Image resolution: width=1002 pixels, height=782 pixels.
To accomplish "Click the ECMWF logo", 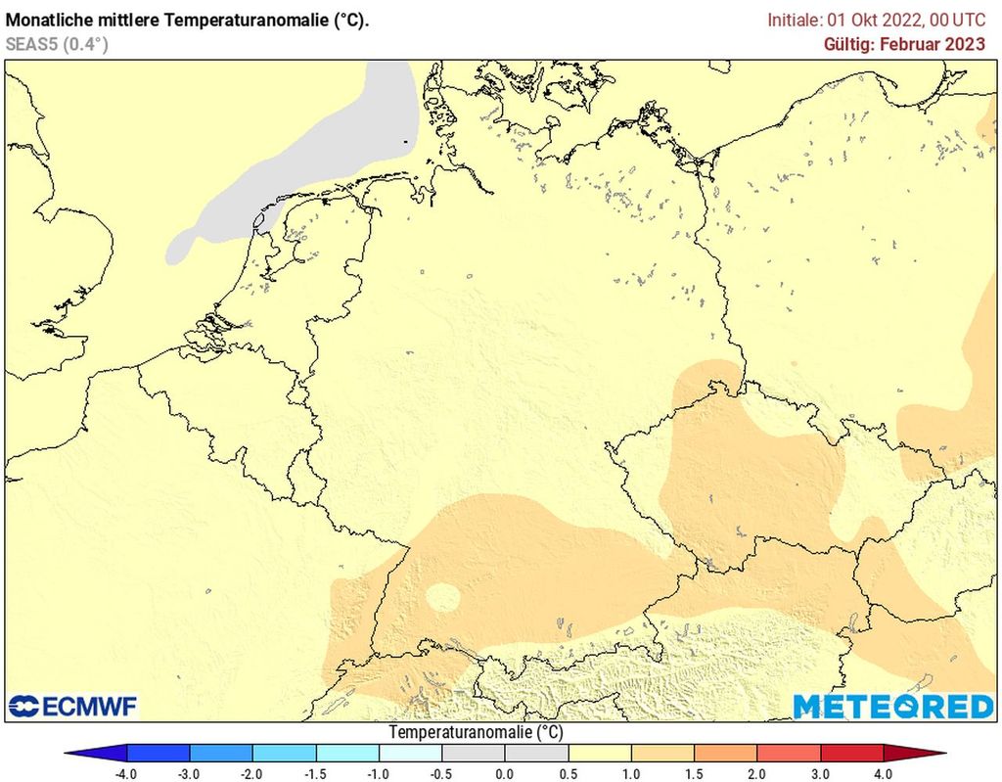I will click(x=73, y=706).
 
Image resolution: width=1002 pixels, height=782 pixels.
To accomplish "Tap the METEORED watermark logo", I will click(x=892, y=706).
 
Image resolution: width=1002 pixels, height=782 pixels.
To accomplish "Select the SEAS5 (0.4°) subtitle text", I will click(x=57, y=44).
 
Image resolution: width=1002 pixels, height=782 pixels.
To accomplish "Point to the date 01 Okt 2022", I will click(x=864, y=20).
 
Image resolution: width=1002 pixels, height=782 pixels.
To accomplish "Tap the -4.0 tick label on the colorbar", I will click(x=126, y=774).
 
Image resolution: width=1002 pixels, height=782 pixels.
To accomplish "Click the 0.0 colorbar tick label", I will click(x=505, y=774).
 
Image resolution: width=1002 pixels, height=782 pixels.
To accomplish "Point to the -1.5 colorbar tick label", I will click(x=315, y=774).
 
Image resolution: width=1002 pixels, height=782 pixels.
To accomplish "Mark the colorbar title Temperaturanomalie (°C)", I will click(x=477, y=732).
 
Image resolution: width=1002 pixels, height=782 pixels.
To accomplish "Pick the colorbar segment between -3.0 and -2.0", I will click(x=221, y=753).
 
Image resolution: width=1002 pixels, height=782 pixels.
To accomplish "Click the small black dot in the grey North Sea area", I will click(x=405, y=143).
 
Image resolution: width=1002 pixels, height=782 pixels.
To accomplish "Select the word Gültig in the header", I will click(x=849, y=44).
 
